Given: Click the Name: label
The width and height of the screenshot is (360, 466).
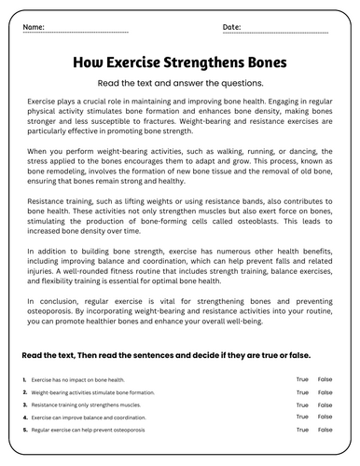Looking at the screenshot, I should tap(33, 27).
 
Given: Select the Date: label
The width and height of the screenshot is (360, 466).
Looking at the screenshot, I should tap(232, 27).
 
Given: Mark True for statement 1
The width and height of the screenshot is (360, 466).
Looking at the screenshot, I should tap(302, 380).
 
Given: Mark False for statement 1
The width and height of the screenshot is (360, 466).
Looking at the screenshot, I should tap(325, 380).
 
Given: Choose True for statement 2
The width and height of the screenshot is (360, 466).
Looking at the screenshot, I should tap(302, 393).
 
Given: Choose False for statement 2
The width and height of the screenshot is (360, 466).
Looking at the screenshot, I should tap(325, 393).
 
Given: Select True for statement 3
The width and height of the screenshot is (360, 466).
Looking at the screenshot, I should tap(302, 406).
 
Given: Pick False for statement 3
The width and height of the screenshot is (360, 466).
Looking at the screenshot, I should tap(325, 406).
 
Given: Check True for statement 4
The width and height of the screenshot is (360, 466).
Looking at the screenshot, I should tap(302, 419).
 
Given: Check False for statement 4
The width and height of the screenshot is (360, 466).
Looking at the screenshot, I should tap(325, 419).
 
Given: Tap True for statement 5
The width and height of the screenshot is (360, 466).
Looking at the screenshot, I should tap(302, 432).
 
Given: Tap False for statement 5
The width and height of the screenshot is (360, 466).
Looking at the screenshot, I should tap(325, 432).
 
